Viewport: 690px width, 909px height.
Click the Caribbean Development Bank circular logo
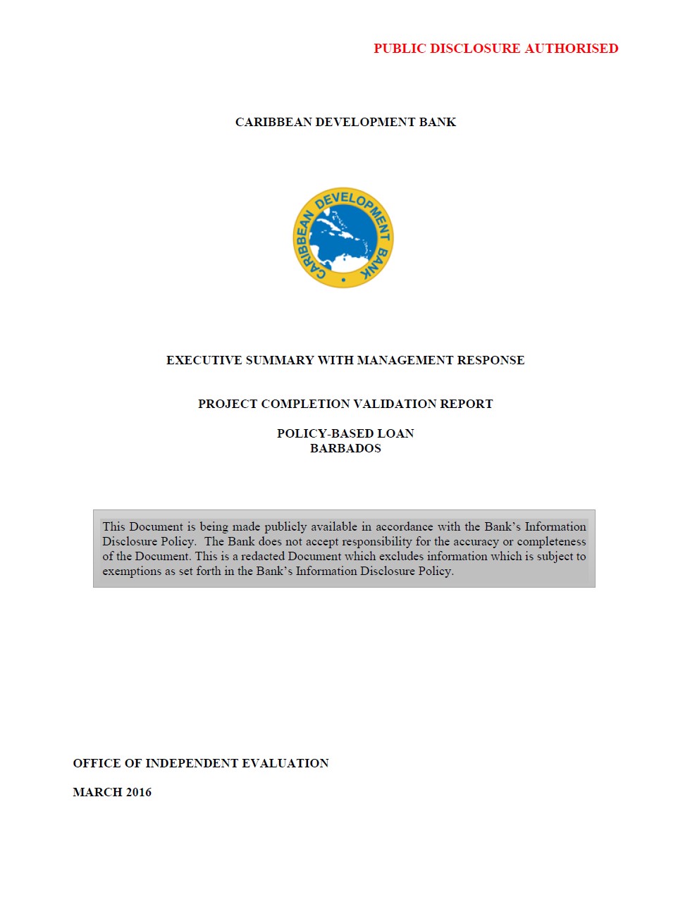point(343,238)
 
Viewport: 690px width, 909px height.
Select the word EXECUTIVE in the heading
point(204,361)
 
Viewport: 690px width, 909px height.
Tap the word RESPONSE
point(491,361)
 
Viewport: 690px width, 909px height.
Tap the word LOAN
point(395,434)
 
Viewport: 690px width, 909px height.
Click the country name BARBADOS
point(345,449)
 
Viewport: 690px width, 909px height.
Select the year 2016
point(139,793)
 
